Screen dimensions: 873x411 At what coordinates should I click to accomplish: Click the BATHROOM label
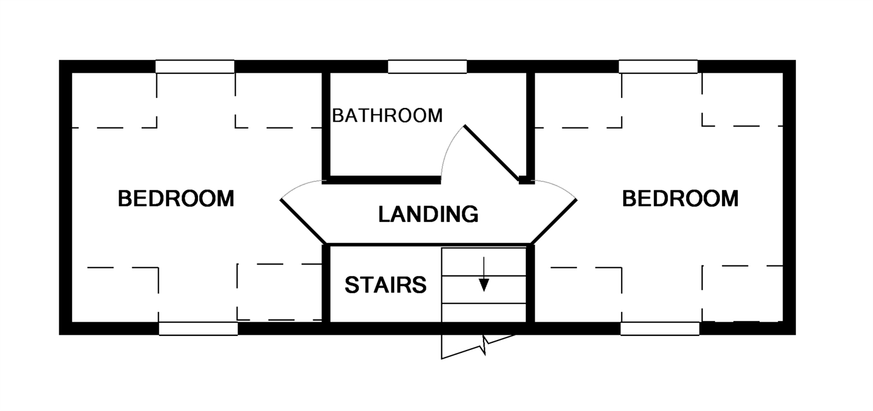coord(387,115)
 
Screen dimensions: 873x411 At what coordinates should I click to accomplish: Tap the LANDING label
coord(428,214)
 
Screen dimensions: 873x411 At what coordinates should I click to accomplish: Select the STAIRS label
coord(385,285)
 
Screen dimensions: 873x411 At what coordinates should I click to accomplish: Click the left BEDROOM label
coord(176,198)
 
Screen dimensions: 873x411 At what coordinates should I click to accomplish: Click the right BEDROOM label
coord(680,198)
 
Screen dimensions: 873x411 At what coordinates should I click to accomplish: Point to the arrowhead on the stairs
coord(483,285)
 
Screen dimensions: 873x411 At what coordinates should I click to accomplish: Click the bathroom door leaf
coord(492,153)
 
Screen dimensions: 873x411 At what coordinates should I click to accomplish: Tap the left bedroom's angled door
coord(303,222)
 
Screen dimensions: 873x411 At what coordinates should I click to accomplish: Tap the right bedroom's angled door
coord(554,222)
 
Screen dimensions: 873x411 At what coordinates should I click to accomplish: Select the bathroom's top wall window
coord(427,66)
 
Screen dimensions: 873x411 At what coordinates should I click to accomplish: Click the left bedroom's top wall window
coord(195,66)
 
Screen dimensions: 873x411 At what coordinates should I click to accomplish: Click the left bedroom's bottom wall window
coord(199,328)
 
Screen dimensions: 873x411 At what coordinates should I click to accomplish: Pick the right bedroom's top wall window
coord(658,66)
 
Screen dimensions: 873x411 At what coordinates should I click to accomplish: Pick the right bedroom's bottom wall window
coord(660,328)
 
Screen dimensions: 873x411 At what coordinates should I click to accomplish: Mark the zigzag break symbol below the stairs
coord(479,347)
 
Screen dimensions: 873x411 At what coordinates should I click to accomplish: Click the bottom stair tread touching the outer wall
coord(483,313)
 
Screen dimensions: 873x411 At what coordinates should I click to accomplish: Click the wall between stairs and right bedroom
coord(530,284)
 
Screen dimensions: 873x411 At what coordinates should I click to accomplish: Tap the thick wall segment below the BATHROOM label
coord(381,180)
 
